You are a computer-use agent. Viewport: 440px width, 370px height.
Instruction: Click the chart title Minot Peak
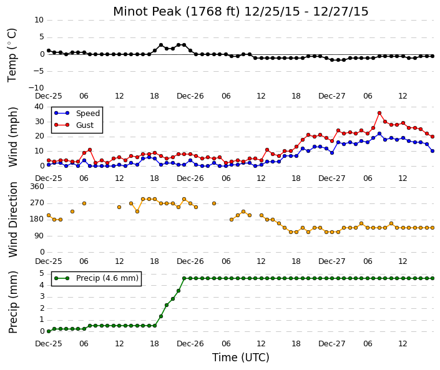tap(147, 12)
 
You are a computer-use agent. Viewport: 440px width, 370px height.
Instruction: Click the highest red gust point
tap(379, 113)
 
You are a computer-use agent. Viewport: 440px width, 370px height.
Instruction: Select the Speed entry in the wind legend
tap(77, 114)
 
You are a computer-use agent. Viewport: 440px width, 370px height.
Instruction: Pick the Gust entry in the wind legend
tap(74, 125)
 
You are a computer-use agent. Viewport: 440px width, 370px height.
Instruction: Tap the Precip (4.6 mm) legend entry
tap(96, 278)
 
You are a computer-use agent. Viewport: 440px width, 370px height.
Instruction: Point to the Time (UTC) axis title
tap(240, 358)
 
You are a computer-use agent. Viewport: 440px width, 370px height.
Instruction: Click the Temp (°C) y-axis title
tap(12, 56)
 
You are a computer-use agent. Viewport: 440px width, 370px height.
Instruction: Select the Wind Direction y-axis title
tap(13, 220)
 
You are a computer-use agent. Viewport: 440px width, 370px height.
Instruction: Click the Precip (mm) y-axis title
tap(13, 302)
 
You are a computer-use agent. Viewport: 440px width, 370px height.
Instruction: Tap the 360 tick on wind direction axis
tap(37, 187)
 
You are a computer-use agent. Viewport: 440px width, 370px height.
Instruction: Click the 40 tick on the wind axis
tap(39, 107)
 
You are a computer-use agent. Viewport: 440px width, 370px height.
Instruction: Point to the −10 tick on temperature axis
tap(36, 88)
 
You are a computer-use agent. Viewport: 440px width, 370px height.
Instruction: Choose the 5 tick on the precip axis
tap(42, 273)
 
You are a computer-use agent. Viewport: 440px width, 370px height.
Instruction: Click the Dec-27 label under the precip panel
tap(331, 344)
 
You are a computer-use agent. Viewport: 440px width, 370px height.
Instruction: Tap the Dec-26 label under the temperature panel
tap(190, 96)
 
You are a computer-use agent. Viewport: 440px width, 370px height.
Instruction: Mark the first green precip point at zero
tap(49, 331)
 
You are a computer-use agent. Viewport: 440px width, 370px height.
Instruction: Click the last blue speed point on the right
tap(433, 151)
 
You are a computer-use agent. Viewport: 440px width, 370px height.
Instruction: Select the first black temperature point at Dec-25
tap(49, 51)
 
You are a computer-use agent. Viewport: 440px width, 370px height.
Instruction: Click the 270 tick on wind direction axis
tap(37, 203)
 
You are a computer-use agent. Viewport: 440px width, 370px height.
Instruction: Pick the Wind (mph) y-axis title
tap(13, 137)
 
